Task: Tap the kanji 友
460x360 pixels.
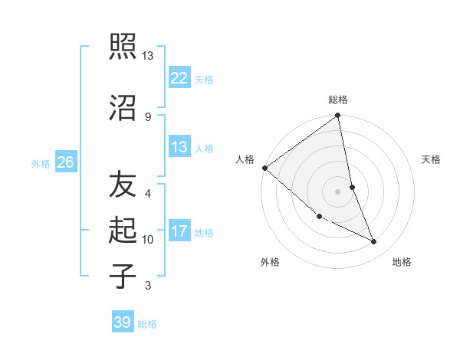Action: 123,185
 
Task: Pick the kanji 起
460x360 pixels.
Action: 123,230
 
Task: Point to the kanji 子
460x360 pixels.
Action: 123,275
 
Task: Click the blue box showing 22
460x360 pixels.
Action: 179,77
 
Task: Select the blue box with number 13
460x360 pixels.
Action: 179,147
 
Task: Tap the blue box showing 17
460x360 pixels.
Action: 179,231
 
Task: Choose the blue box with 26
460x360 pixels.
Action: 65,162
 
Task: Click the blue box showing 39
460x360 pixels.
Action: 123,322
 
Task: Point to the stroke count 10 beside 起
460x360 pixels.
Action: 148,240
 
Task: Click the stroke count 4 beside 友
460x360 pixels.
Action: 148,194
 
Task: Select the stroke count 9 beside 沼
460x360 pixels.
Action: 148,116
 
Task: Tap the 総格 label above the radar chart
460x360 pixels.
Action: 338,100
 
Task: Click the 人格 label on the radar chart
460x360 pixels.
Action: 245,159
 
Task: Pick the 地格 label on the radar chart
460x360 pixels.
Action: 402,262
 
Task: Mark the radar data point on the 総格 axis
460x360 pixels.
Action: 337,116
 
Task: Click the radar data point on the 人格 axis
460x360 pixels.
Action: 264,168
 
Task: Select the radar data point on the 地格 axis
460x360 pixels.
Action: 374,241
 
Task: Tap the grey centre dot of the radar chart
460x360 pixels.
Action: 337,191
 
